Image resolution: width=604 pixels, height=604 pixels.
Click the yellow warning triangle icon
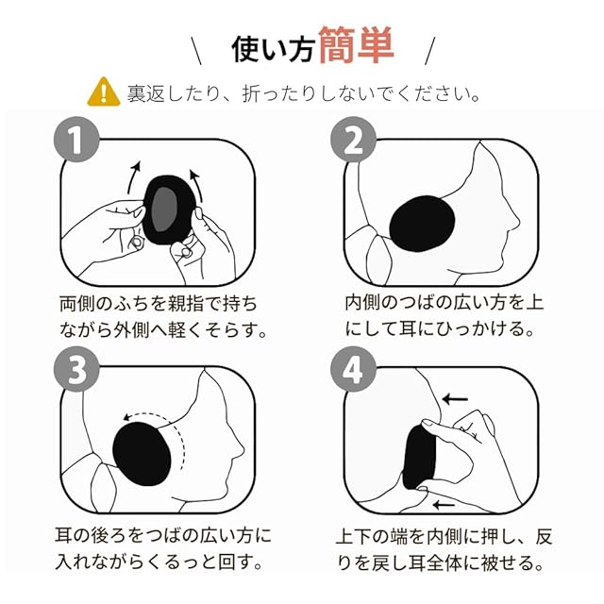click(103, 92)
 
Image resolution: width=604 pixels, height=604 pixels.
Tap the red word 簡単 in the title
click(357, 45)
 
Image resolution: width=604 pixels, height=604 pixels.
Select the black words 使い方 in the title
click(273, 49)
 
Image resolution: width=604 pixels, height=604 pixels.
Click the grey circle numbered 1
click(76, 139)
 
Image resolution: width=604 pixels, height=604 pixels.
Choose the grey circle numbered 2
click(353, 139)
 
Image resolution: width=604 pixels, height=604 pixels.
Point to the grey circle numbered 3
click(76, 369)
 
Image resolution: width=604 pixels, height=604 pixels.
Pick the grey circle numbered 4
click(353, 369)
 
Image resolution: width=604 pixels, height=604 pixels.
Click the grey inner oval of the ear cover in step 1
click(164, 210)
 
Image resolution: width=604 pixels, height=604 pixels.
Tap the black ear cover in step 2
click(422, 224)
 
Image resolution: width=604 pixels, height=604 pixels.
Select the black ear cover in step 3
click(142, 454)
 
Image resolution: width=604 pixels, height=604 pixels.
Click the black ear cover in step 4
click(419, 458)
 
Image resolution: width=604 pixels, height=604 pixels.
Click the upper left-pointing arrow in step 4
click(455, 399)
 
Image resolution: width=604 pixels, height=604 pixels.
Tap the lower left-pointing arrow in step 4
click(444, 504)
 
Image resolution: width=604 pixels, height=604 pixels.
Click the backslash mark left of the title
click(196, 50)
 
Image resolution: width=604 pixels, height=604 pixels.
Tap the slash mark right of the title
click(430, 50)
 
